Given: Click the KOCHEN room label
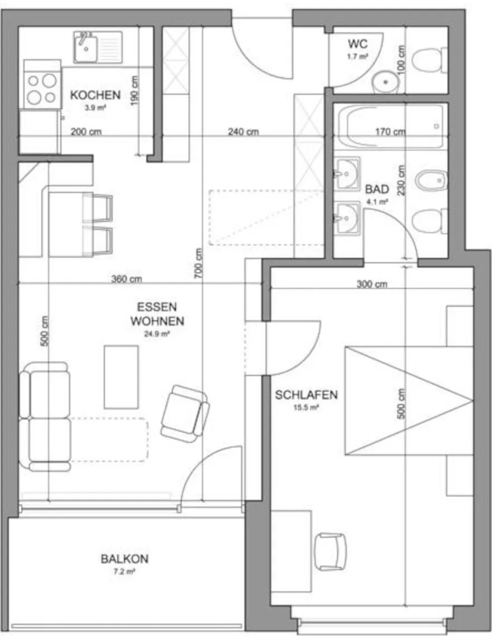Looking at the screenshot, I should point(95,94).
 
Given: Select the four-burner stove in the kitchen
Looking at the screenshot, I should point(42,88).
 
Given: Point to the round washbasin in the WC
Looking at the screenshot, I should point(386,81).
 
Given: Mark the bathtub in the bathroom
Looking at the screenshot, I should point(389,127).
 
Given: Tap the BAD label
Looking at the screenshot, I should point(377,189).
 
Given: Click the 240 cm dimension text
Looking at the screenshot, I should point(244,132).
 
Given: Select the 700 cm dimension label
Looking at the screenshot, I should point(199,263).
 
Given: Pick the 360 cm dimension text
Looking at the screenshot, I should point(126,279).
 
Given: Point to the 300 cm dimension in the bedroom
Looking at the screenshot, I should point(372,284).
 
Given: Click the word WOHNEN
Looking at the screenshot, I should point(157,321).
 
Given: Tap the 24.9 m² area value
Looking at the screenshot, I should point(157,334).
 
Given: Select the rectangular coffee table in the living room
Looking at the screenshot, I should point(121,377).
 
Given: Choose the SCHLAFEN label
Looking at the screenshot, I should point(306,395).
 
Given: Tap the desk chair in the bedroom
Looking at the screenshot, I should point(330,552).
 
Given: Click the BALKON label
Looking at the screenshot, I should point(124,559).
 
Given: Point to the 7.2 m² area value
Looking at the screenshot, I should point(124,572).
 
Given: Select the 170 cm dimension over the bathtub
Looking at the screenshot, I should point(390,132).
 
